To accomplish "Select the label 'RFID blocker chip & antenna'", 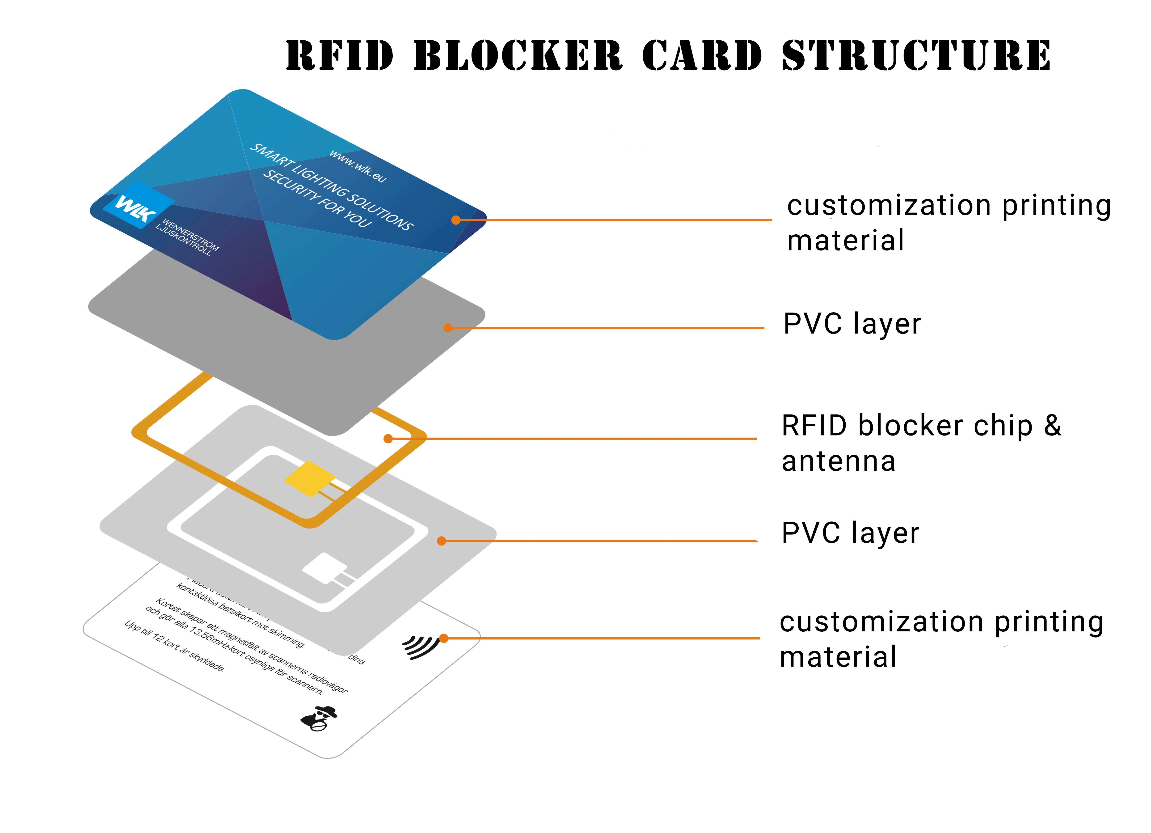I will click(921, 443).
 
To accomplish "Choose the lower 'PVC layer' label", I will click(850, 533).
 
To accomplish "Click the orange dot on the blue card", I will click(456, 220).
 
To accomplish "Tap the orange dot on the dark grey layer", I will click(448, 328).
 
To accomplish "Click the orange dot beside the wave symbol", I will click(443, 638).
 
